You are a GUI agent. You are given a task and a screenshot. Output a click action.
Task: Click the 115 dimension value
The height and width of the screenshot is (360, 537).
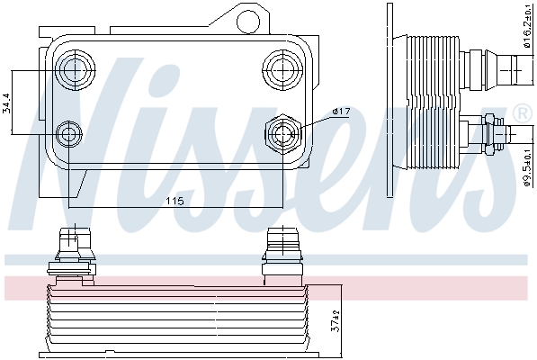coord(175,201)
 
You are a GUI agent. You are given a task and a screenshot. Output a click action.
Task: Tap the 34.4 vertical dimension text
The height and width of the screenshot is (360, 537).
coord(7,103)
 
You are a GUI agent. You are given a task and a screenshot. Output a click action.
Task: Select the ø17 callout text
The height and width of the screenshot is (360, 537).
coord(341,112)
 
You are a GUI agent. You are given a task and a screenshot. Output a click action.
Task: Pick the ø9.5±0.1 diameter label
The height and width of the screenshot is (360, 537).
coord(527,166)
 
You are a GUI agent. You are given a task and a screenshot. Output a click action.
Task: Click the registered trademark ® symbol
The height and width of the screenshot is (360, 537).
coord(522,113)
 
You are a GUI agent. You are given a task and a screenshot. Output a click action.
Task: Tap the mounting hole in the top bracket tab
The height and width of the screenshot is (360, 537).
coord(247,21)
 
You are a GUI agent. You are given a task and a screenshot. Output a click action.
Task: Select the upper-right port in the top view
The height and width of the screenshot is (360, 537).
coord(282,69)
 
